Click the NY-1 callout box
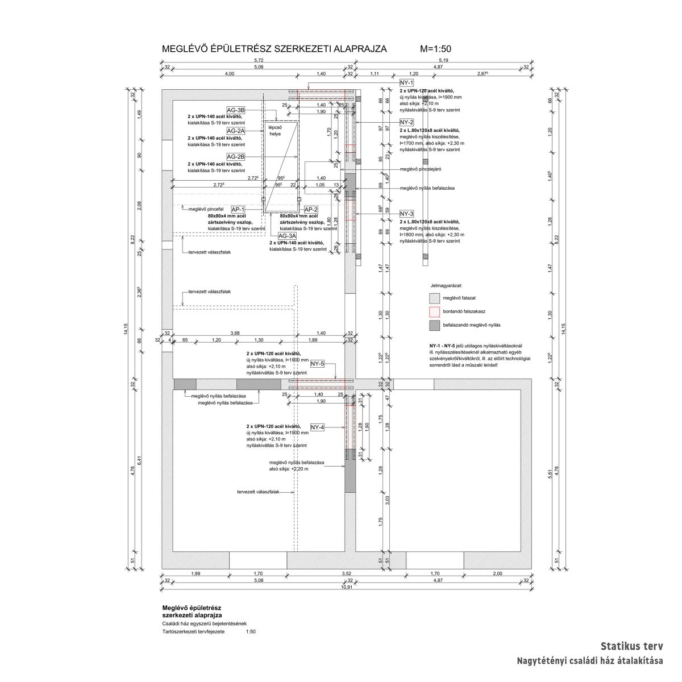point(407,83)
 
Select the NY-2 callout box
point(407,123)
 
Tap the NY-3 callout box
point(407,213)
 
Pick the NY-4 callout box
point(317,427)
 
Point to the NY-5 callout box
point(317,363)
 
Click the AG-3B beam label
point(236,110)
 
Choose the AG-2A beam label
point(236,130)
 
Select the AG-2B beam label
point(236,156)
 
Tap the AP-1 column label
point(238,209)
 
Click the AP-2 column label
point(311,209)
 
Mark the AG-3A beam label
point(287,235)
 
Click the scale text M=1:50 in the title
point(435,49)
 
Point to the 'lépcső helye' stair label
point(275,131)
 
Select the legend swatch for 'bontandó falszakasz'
point(435,311)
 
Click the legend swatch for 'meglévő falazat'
point(435,297)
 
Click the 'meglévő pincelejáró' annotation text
point(421,169)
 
